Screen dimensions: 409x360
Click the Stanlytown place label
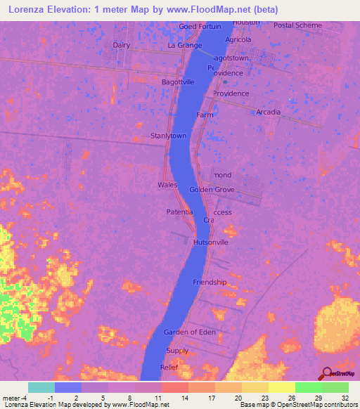pos(168,136)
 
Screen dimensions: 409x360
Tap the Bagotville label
pos(179,82)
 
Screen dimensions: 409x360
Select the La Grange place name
pos(185,46)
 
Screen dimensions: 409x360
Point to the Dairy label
pos(122,45)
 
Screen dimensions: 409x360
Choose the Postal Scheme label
pos(297,25)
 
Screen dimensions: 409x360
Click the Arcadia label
pos(269,112)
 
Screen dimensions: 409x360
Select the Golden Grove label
pos(212,190)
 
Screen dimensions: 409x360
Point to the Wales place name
pos(167,185)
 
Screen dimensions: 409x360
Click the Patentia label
pos(179,212)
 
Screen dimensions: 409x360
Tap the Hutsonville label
pos(211,242)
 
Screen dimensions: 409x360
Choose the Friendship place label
pos(210,283)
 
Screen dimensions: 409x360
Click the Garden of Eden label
pos(186,332)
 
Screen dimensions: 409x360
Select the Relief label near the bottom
pos(170,368)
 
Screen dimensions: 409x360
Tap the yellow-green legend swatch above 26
pos(281,387)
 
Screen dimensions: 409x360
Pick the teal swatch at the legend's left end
pos(41,387)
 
